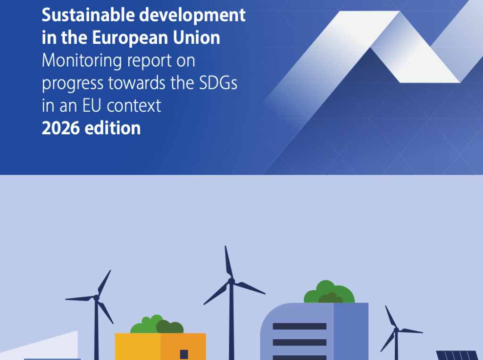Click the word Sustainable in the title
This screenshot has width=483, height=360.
pyautogui.click(x=88, y=15)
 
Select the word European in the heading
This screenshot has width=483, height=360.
pyautogui.click(x=130, y=38)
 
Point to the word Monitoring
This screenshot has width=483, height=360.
pyautogui.click(x=82, y=61)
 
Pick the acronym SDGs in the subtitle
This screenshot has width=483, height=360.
pyautogui.click(x=218, y=83)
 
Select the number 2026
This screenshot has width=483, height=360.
pyautogui.click(x=61, y=128)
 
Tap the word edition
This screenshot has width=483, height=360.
pyautogui.click(x=113, y=128)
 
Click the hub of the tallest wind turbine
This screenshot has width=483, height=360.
pyautogui.click(x=231, y=281)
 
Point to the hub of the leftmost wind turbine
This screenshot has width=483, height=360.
pyautogui.click(x=96, y=297)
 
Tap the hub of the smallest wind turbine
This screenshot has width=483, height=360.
pyautogui.click(x=396, y=330)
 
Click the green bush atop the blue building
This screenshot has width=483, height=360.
pyautogui.click(x=329, y=292)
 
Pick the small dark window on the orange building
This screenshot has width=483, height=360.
pyautogui.click(x=184, y=354)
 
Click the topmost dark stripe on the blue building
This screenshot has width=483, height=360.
pyautogui.click(x=300, y=326)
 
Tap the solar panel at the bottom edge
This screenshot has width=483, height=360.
pyautogui.click(x=457, y=356)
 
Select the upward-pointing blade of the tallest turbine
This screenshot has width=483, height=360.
pyautogui.click(x=229, y=262)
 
